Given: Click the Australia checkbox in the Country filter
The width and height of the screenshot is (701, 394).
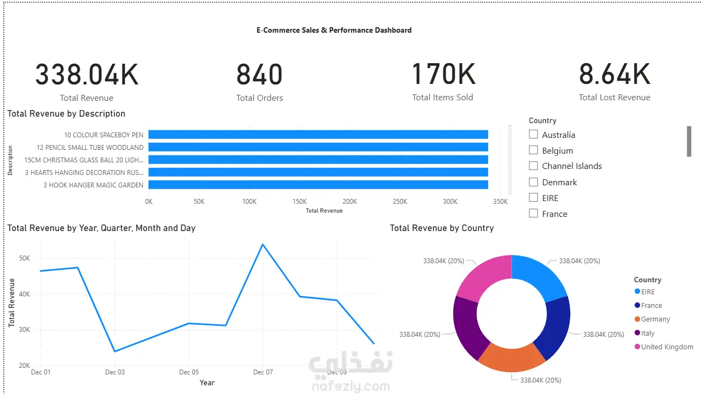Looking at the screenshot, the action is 533,135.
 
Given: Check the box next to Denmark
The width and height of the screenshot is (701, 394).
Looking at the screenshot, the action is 533,182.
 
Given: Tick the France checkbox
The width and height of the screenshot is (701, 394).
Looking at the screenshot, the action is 533,214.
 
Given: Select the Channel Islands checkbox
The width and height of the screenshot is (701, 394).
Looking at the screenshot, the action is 533,166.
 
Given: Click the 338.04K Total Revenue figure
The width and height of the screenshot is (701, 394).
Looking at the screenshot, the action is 87,75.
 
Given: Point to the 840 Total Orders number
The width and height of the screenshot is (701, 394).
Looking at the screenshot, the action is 259,75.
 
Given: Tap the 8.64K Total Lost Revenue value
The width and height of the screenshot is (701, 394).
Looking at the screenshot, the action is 614,74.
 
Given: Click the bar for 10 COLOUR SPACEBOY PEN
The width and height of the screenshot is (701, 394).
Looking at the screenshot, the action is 318,135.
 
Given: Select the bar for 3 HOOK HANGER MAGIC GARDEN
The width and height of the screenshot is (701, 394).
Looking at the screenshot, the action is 318,185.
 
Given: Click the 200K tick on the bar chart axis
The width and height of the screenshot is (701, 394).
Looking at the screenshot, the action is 350,202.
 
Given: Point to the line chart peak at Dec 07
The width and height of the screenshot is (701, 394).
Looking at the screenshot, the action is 263,244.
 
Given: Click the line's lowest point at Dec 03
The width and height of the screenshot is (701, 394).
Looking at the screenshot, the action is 115,351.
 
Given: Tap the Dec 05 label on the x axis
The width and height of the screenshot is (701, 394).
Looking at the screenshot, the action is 189,372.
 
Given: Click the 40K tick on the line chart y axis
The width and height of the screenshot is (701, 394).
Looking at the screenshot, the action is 25,294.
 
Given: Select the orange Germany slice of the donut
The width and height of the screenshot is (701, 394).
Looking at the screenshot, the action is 511,359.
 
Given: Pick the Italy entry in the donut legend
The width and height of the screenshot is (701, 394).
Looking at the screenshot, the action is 644,333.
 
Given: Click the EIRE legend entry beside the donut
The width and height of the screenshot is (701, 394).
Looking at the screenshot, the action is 644,292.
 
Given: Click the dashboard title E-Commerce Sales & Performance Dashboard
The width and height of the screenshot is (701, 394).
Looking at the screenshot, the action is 334,30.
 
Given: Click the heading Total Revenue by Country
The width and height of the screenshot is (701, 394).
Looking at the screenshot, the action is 442,228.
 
